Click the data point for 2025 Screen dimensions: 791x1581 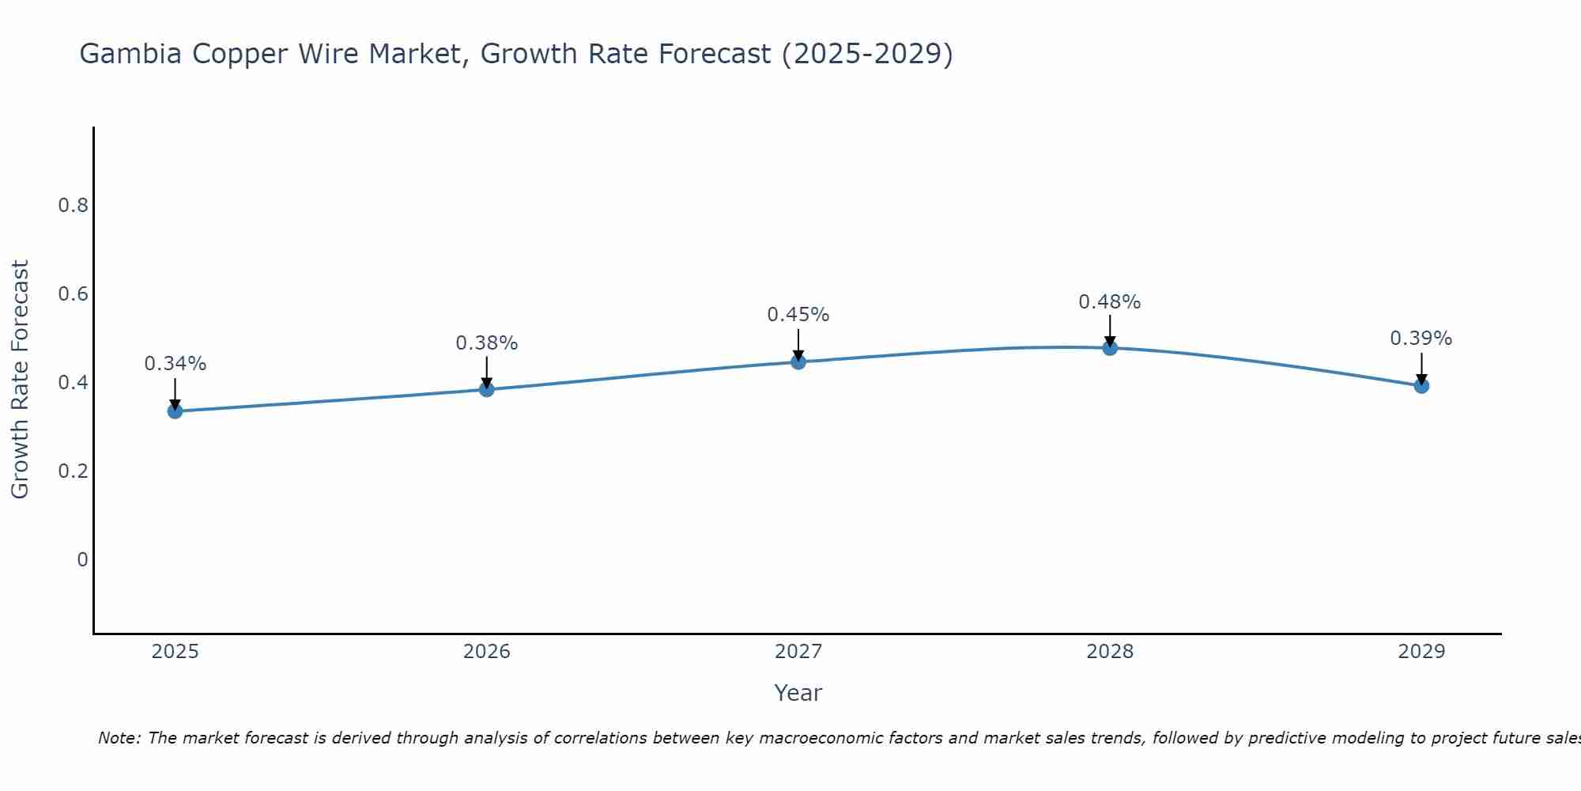tap(175, 411)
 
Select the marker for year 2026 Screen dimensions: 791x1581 tap(487, 389)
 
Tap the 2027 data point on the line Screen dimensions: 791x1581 tap(798, 362)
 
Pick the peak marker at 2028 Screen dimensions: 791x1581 tap(1110, 348)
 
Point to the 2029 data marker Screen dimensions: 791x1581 tap(1421, 386)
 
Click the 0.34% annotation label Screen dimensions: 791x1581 tap(175, 364)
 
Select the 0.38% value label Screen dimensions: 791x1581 tap(487, 343)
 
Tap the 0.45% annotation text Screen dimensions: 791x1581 tap(798, 315)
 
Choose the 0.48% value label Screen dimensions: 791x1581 tap(1110, 302)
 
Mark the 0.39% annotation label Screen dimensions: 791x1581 tap(1421, 339)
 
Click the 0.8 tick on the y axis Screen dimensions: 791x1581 tap(73, 206)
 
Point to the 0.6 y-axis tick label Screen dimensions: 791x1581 tap(73, 294)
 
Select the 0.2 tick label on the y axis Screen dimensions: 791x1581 tap(73, 471)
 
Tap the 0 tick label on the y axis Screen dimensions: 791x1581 tap(82, 560)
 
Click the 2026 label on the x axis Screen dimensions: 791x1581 tap(487, 652)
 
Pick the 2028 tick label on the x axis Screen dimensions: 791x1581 tap(1110, 652)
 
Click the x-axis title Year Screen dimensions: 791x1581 tap(798, 693)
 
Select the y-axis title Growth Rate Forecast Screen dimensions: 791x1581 tap(21, 380)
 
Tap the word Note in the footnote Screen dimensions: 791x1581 tap(119, 738)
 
